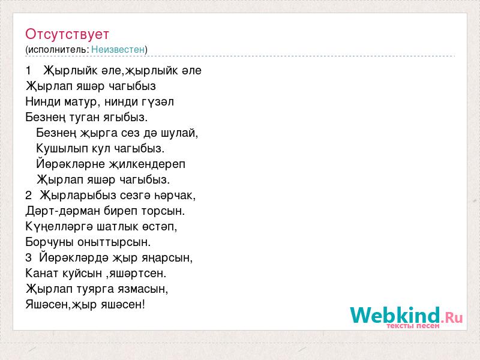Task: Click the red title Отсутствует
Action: (x=67, y=34)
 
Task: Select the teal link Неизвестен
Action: (x=118, y=50)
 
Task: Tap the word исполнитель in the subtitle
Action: (x=58, y=50)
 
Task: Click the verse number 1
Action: (x=28, y=71)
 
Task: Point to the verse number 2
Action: (x=28, y=196)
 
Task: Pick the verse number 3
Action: (x=28, y=258)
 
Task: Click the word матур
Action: (x=80, y=102)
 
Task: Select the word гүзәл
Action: (x=158, y=102)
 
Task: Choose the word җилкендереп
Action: (x=147, y=164)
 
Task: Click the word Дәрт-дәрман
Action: (x=63, y=211)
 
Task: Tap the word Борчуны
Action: (x=50, y=242)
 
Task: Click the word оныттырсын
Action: (x=114, y=242)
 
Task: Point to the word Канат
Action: (x=42, y=274)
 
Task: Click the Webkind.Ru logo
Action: (x=406, y=317)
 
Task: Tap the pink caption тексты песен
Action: (x=413, y=325)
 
